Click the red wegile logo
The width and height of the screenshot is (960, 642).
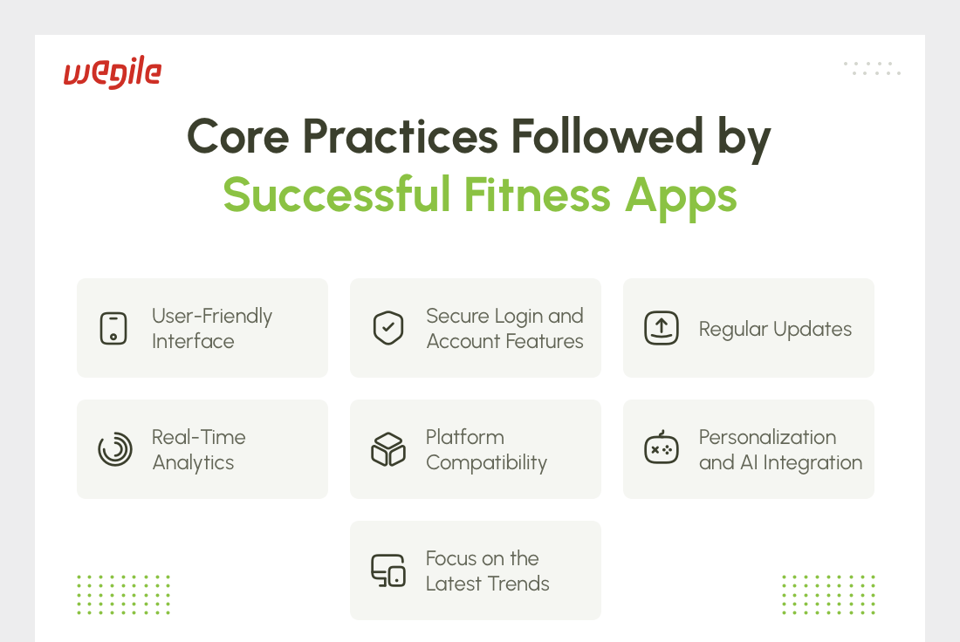click(113, 72)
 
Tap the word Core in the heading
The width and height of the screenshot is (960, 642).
click(237, 136)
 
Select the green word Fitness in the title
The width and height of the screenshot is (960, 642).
click(537, 195)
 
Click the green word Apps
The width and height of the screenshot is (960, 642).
click(681, 198)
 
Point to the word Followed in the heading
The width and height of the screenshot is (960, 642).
click(607, 135)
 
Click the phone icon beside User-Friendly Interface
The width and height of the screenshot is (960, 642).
click(113, 328)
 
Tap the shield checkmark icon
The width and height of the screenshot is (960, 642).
click(388, 328)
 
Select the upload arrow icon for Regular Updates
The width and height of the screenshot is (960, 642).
click(662, 328)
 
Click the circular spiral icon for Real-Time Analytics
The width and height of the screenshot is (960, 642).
click(115, 449)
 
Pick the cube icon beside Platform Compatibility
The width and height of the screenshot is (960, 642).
click(388, 449)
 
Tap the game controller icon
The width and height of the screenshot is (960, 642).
click(662, 448)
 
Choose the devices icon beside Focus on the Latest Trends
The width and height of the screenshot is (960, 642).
click(388, 570)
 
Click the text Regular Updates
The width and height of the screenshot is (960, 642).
click(775, 329)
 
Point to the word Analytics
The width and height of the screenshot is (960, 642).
click(194, 463)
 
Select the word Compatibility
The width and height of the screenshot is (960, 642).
click(487, 463)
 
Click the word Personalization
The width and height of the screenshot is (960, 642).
click(768, 437)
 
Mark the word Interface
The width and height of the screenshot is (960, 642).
click(193, 341)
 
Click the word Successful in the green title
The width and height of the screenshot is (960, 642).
click(337, 195)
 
